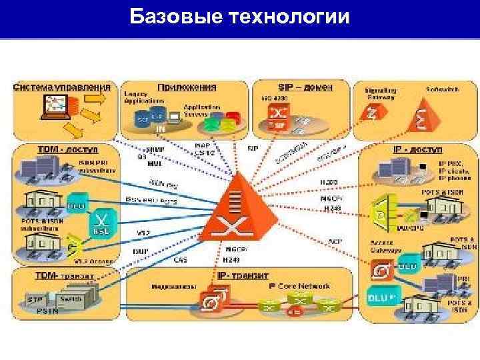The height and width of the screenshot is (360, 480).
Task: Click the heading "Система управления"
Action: pos(62,87)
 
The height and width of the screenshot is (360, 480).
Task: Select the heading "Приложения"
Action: pos(187,87)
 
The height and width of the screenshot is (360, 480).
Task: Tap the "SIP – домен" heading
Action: pos(304,87)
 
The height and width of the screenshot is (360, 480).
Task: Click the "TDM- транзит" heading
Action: pos(64,275)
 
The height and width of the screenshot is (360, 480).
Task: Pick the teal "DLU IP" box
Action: pos(383,294)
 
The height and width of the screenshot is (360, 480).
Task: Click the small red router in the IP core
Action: pos(293,311)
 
